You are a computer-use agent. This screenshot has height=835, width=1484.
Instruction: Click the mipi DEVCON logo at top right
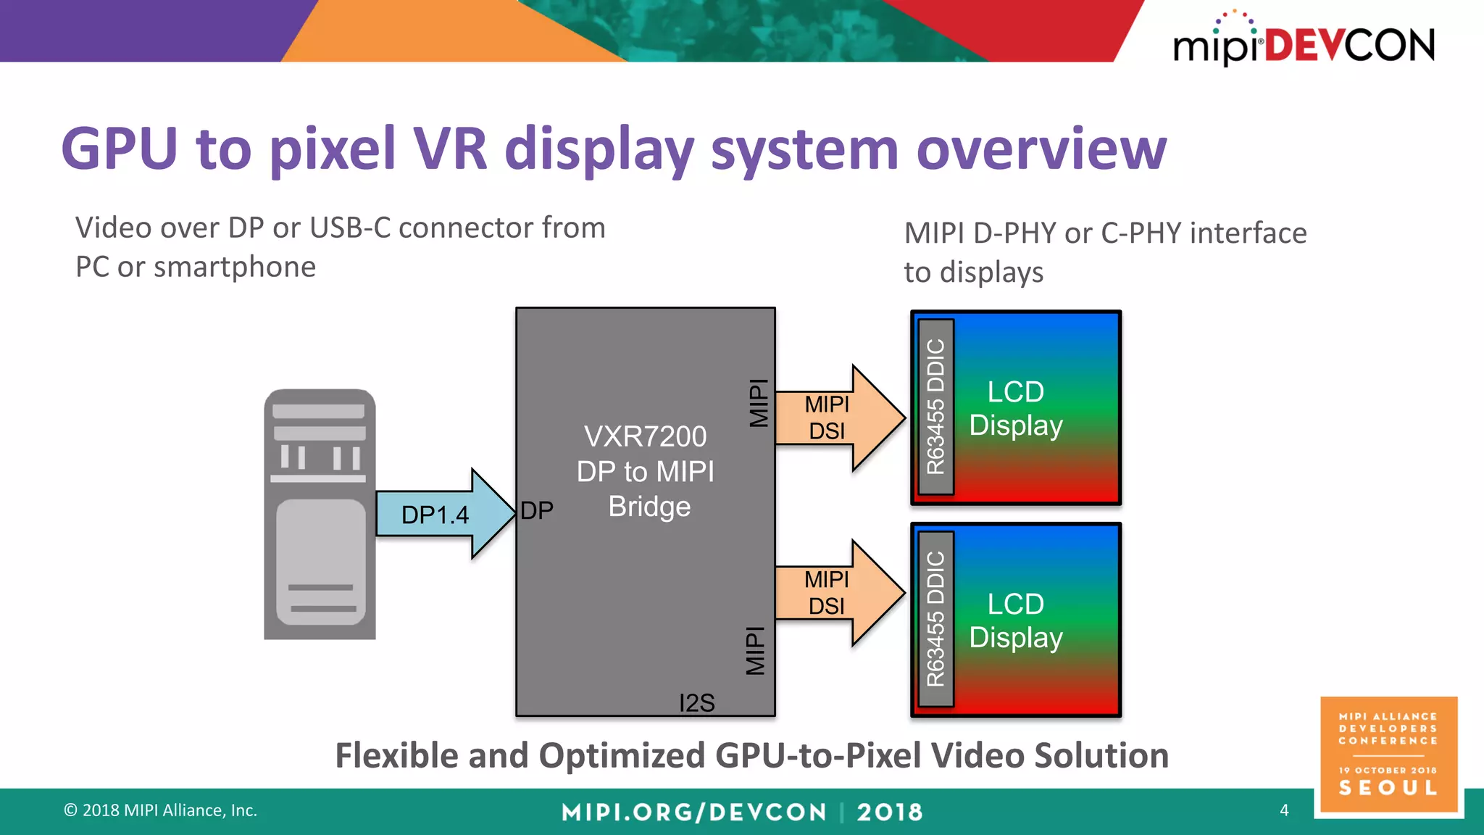pos(1304,39)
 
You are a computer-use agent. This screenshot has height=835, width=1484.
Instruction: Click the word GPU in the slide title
pos(120,149)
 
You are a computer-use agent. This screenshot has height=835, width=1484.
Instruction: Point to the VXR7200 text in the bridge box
pos(645,436)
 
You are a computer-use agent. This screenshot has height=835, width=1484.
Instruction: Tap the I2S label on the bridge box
pos(697,702)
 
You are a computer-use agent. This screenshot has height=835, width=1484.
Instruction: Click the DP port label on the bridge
pos(537,510)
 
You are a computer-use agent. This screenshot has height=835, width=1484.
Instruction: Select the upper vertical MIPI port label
pos(759,403)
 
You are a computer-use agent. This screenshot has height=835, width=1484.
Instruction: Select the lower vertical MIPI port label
pos(756,651)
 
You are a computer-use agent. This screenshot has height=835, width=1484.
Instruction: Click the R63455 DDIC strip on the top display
pos(936,407)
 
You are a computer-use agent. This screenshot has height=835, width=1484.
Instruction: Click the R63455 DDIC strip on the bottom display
pos(936,619)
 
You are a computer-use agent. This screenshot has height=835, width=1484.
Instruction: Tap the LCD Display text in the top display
pos(1016,409)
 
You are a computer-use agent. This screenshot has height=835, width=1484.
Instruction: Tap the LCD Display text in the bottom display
pos(1016,621)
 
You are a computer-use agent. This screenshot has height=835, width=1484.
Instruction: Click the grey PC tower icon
pos(320,514)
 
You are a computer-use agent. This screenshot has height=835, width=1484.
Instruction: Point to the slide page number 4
pos(1284,810)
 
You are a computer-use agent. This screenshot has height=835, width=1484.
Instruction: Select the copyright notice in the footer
pos(160,810)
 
